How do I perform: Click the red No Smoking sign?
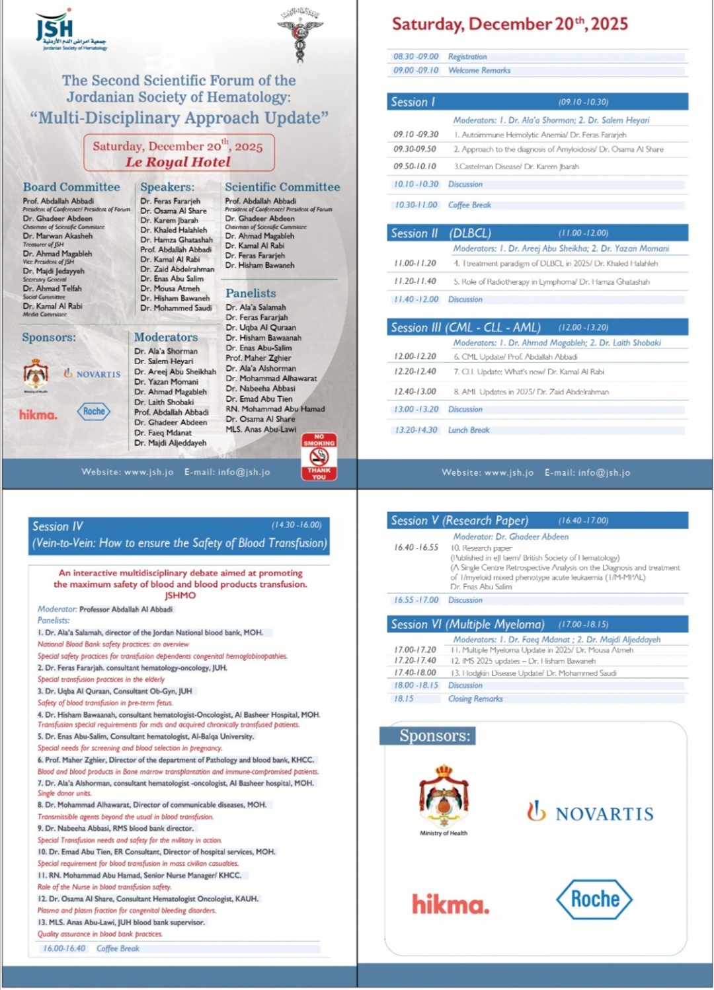click(319, 456)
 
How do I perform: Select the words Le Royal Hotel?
click(178, 162)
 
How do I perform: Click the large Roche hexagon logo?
click(594, 899)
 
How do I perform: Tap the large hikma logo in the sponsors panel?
click(451, 903)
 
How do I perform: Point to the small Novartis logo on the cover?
click(92, 374)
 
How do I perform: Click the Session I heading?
click(413, 102)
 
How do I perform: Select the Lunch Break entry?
click(469, 430)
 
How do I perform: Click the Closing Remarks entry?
click(475, 699)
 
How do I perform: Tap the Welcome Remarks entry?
click(479, 70)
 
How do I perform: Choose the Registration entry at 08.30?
click(467, 57)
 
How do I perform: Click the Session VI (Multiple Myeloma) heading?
click(467, 625)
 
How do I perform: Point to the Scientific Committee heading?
click(282, 187)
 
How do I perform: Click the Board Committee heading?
click(71, 187)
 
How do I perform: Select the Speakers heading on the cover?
click(167, 187)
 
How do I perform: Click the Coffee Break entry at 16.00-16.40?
click(118, 948)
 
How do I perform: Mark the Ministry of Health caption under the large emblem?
click(444, 833)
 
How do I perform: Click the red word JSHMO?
click(180, 595)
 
